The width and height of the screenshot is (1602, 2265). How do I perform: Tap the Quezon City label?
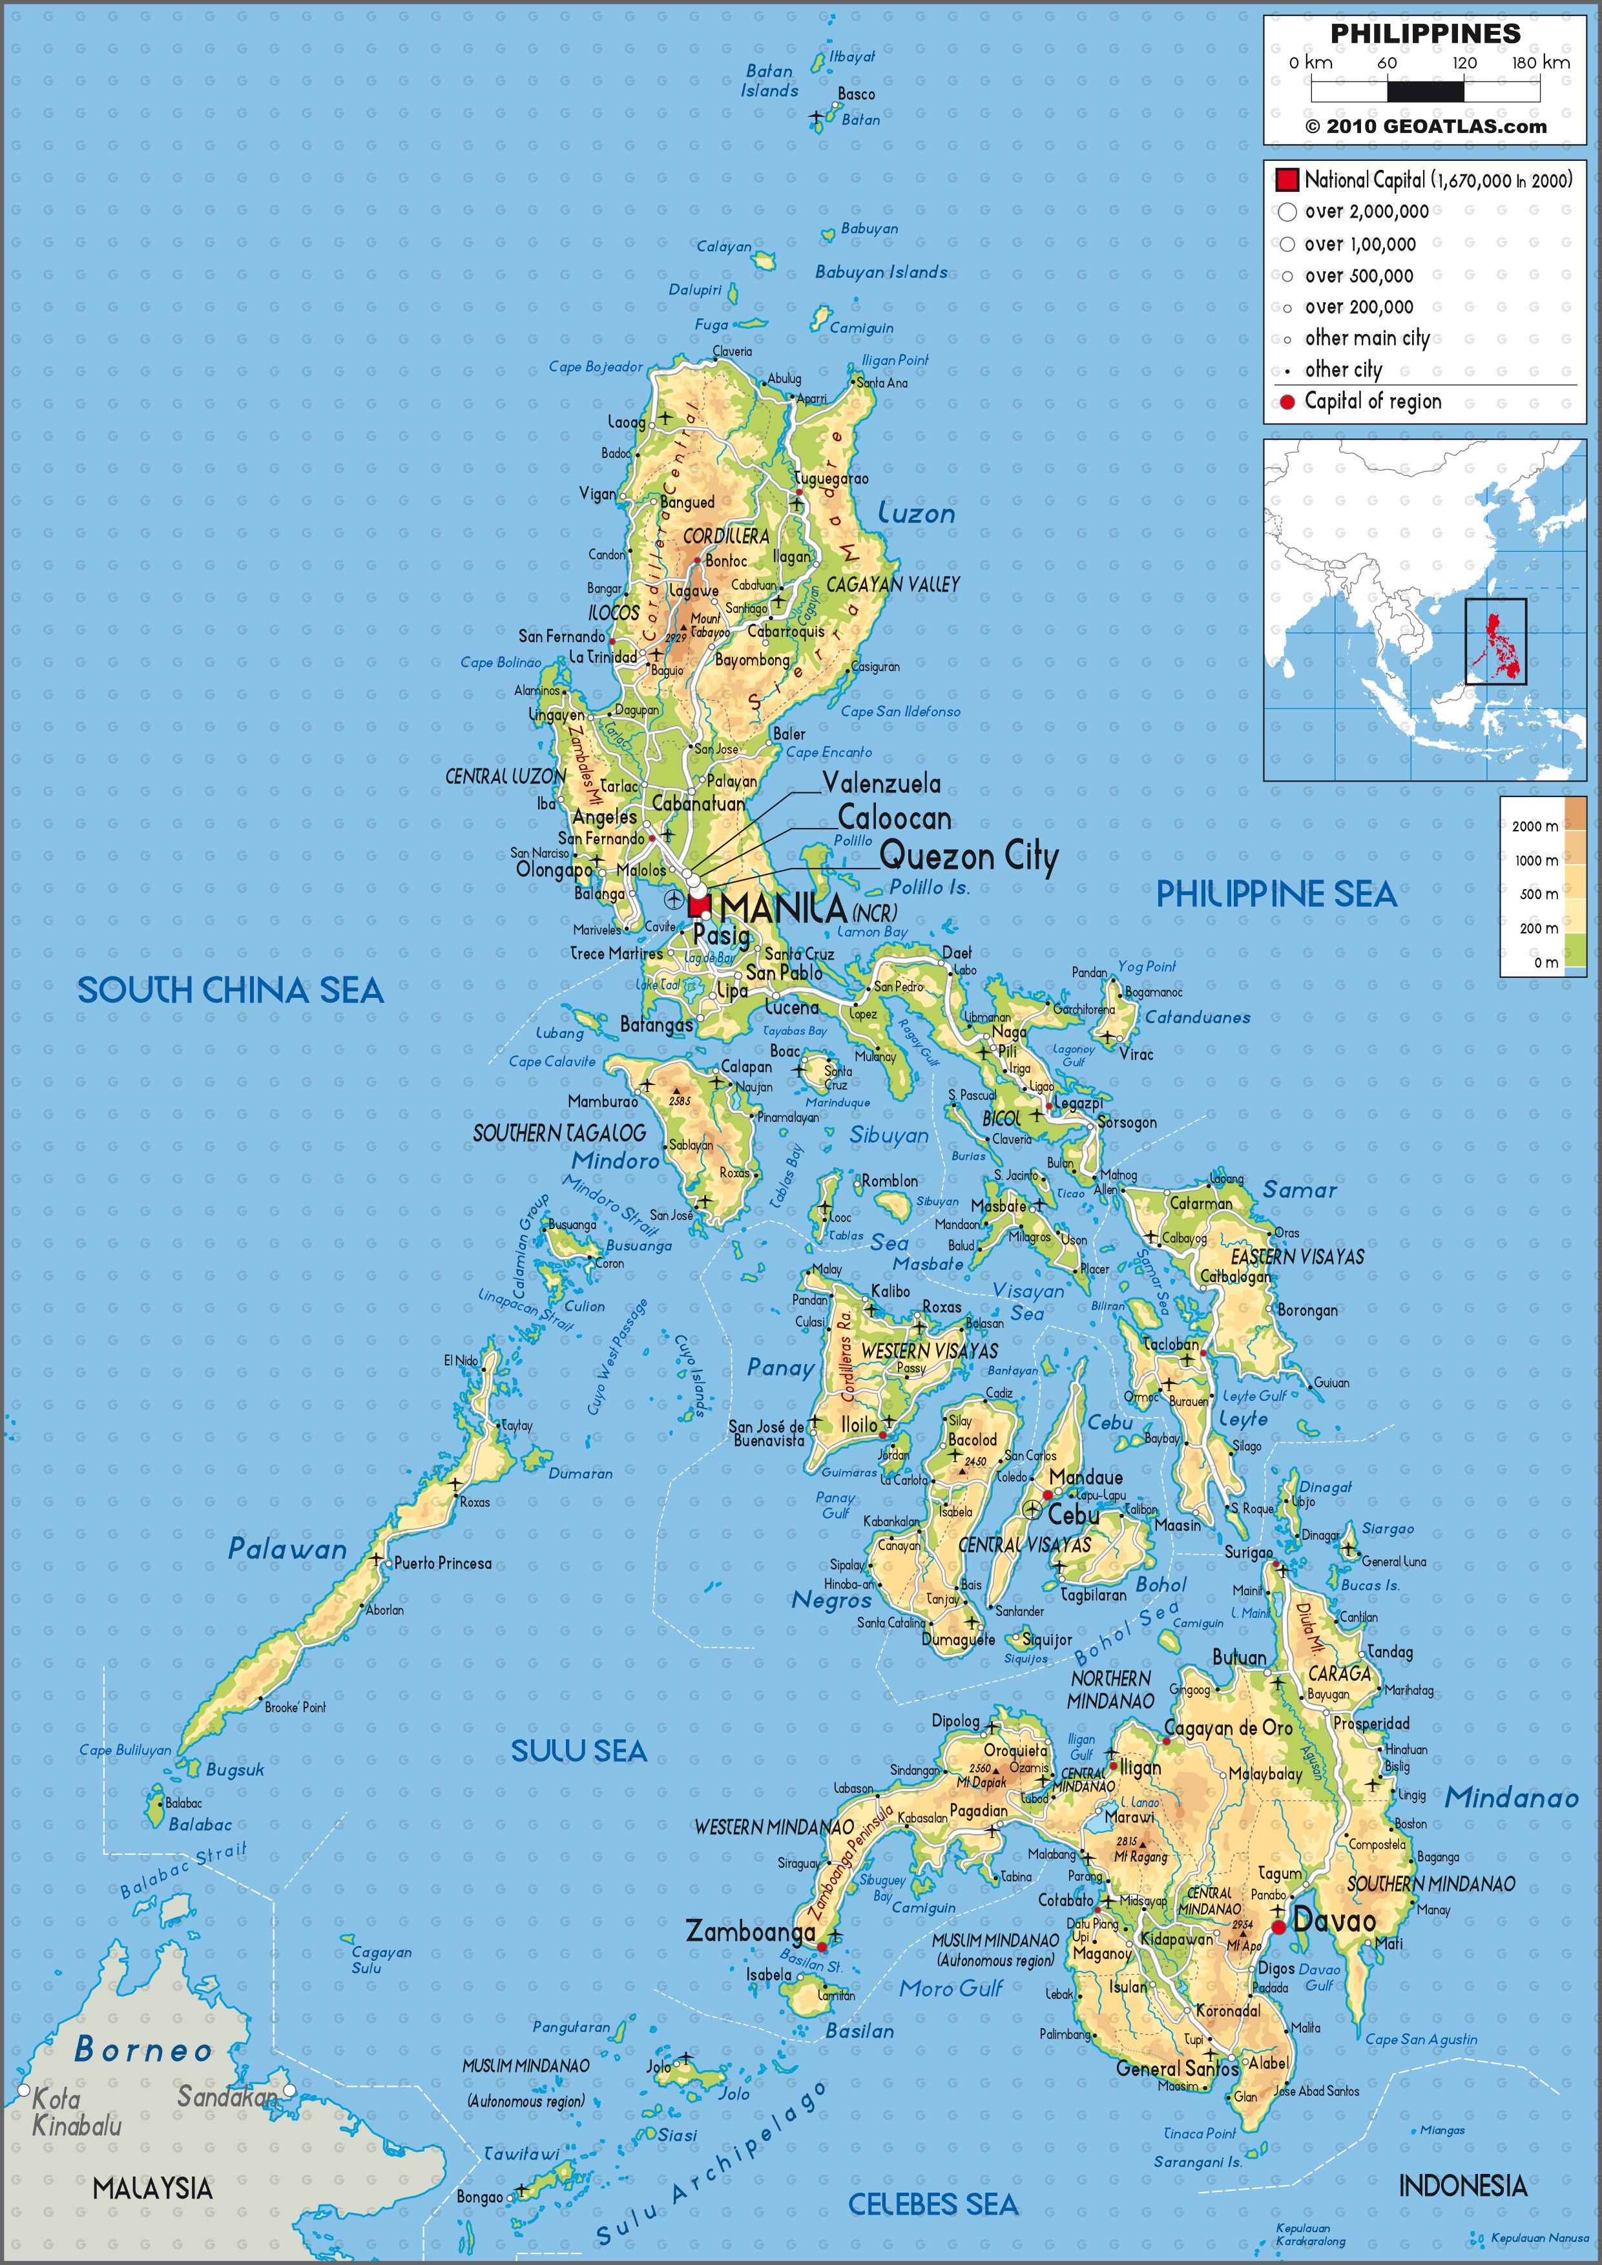click(x=968, y=856)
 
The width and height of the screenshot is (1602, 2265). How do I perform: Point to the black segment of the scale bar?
click(x=1426, y=91)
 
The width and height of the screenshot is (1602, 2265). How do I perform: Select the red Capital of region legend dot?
click(x=1287, y=402)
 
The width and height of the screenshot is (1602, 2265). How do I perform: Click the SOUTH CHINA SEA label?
click(x=230, y=991)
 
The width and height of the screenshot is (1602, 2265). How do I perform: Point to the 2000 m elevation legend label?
click(x=1535, y=825)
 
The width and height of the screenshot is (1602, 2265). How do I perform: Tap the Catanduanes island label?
click(x=1198, y=1017)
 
